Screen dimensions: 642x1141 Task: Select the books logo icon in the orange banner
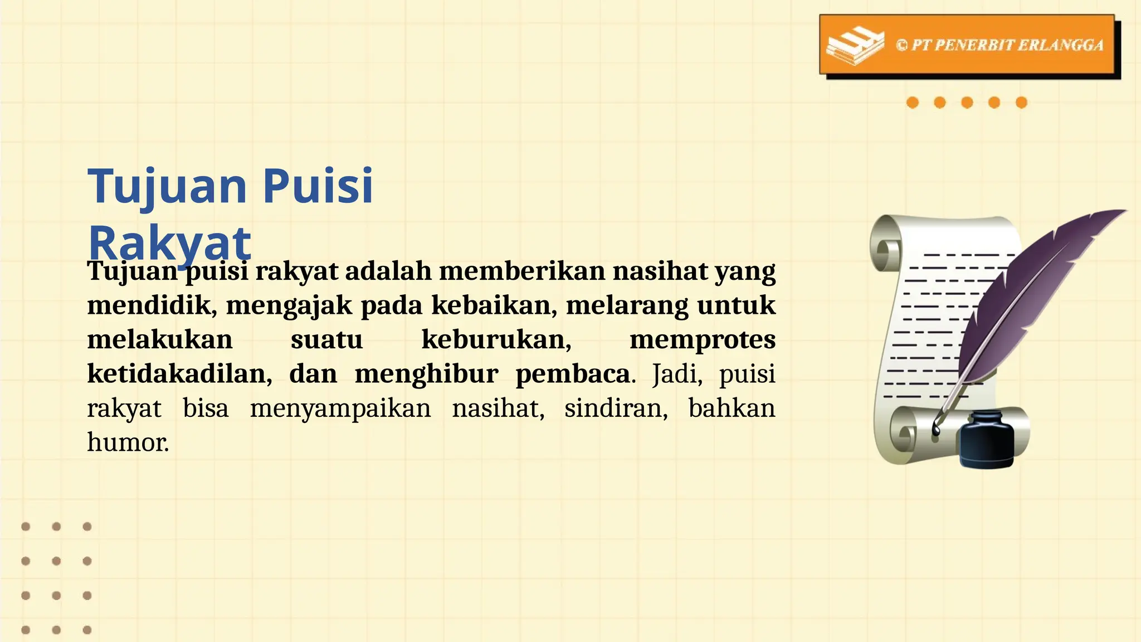click(x=855, y=46)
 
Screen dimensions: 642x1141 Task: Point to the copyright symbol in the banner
click(x=901, y=45)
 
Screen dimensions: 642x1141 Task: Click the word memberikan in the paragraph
click(x=522, y=271)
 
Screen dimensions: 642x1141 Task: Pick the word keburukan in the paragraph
click(x=496, y=340)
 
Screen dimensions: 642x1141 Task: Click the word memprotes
click(x=702, y=340)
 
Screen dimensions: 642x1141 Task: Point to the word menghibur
click(x=426, y=374)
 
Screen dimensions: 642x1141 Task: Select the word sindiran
click(x=616, y=408)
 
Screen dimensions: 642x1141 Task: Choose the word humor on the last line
click(x=128, y=442)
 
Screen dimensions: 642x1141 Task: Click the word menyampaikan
click(x=340, y=408)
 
